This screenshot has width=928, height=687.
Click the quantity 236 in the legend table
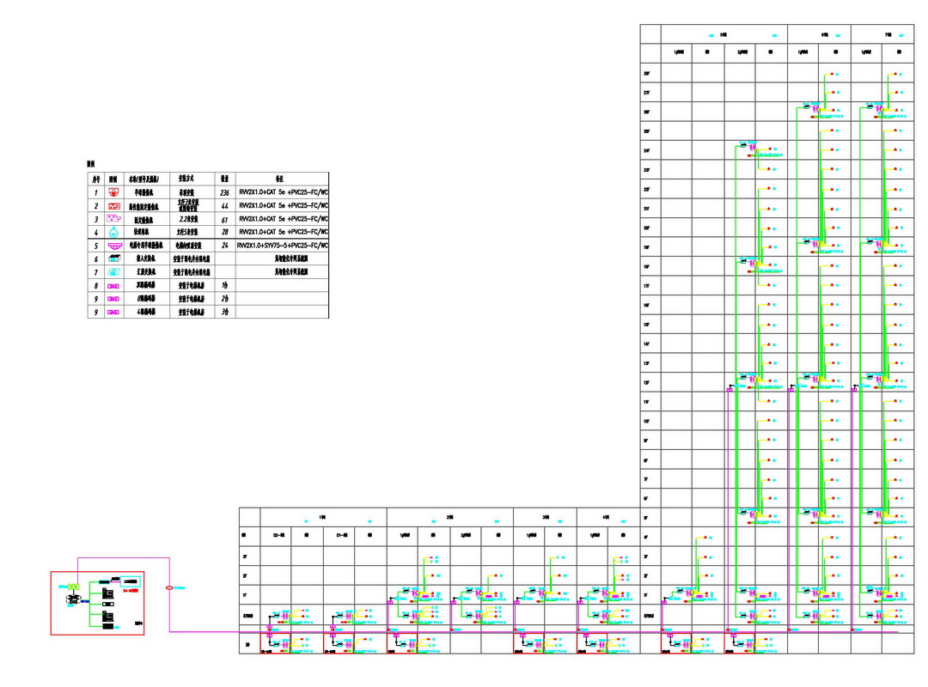click(x=224, y=193)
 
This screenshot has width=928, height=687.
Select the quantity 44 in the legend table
click(x=224, y=206)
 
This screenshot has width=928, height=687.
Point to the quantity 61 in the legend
click(x=224, y=219)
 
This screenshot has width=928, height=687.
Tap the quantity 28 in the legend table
click(x=224, y=232)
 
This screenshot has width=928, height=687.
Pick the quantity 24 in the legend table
click(x=224, y=245)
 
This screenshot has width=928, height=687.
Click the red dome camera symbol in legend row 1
click(x=113, y=193)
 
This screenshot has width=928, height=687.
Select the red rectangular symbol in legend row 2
click(x=113, y=206)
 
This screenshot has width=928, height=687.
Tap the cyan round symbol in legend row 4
click(x=113, y=232)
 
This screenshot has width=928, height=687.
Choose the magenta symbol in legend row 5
click(x=113, y=246)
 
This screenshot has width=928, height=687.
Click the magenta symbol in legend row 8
click(x=113, y=285)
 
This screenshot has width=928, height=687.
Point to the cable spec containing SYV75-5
click(x=284, y=245)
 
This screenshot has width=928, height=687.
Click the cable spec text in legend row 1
click(x=284, y=193)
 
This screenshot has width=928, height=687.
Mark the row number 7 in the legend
click(x=96, y=271)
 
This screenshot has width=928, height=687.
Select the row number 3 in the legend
click(x=96, y=219)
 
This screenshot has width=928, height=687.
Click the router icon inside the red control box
click(x=74, y=598)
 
